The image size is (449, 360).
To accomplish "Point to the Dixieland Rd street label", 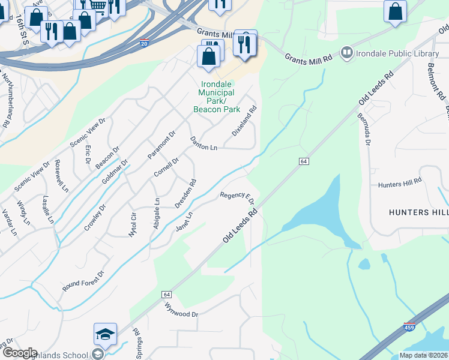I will [244, 121].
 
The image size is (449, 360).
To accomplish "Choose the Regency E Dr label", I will [237, 197].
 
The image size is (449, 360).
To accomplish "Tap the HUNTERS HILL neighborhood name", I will [418, 212].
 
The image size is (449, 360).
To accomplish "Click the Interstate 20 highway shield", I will [144, 43].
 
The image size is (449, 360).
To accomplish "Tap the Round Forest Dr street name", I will [83, 281].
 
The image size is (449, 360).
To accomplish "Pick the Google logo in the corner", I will [19, 353].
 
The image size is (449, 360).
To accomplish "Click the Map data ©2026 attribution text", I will [423, 355].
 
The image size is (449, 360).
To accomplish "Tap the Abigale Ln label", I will [157, 211].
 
